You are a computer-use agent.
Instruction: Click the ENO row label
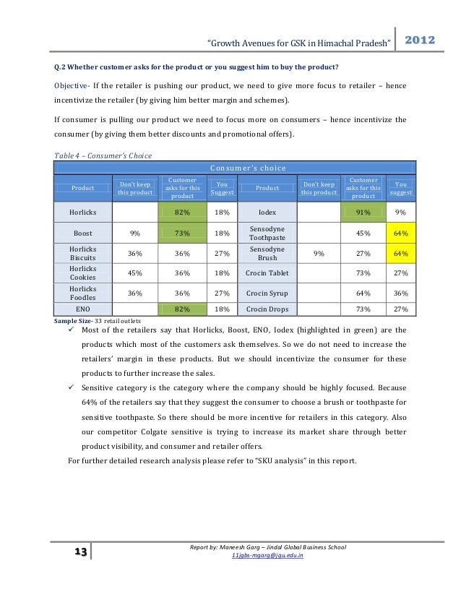[82, 309]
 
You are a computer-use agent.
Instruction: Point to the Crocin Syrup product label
[267, 293]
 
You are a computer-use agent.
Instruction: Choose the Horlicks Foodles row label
[82, 293]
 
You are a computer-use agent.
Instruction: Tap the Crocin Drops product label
[267, 309]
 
